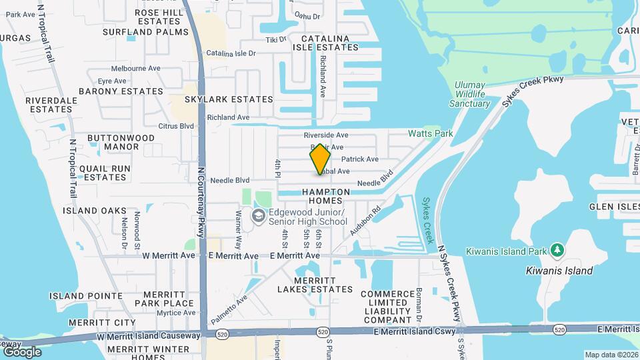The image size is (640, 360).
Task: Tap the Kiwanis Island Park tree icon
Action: pos(557,251)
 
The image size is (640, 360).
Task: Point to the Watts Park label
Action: pos(431,133)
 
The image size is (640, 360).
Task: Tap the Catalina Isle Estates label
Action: pos(325,43)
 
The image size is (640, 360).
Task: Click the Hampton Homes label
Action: pos(326,196)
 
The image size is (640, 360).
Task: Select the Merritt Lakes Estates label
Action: pos(315,284)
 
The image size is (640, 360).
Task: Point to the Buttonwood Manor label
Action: pos(121,142)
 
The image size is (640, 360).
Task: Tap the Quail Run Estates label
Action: pos(103,173)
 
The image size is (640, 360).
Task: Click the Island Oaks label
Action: pos(94,211)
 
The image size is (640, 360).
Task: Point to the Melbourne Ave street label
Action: pos(136,68)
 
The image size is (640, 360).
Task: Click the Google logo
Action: pos(22,352)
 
